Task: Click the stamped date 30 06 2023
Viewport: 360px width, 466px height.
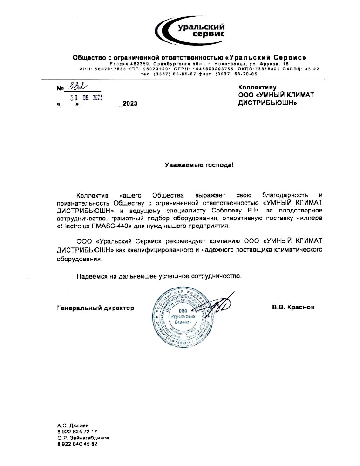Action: pos(86,97)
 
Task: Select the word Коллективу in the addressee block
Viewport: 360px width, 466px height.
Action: pos(258,87)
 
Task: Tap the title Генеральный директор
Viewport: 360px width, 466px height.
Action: pos(95,308)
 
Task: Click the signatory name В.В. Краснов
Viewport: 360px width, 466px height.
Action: pos(293,308)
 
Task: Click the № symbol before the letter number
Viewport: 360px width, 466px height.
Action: pos(60,89)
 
